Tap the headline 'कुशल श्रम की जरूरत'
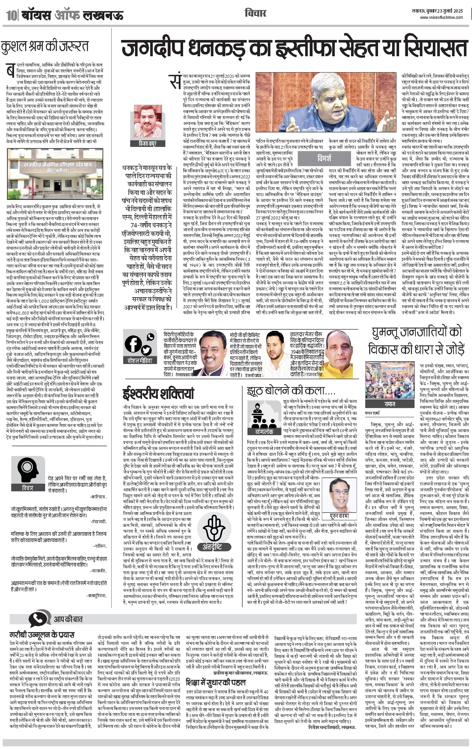click(45, 47)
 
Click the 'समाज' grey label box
click(390, 404)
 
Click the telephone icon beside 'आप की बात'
click(39, 619)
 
